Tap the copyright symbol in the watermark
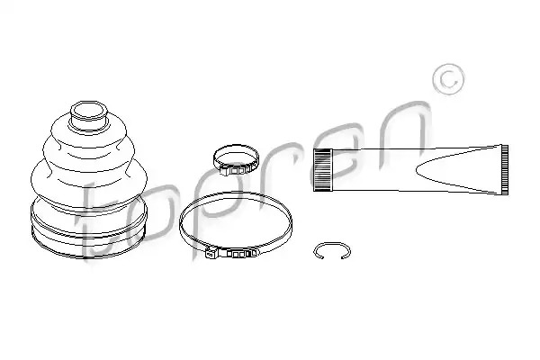448,79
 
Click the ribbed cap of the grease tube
323,170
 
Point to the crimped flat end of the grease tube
504,169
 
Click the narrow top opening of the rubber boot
89,111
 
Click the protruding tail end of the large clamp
210,254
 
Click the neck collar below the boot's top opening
89,125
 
